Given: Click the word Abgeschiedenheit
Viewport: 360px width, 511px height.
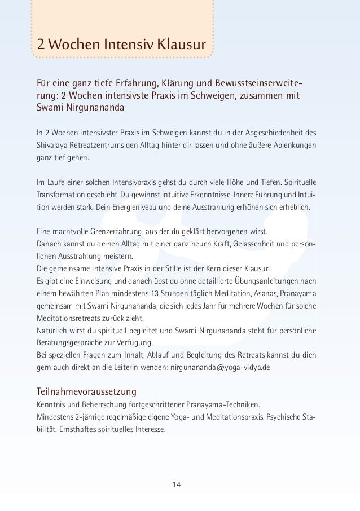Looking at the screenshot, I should pos(271,133).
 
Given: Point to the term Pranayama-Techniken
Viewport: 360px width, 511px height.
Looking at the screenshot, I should pos(221,405).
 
